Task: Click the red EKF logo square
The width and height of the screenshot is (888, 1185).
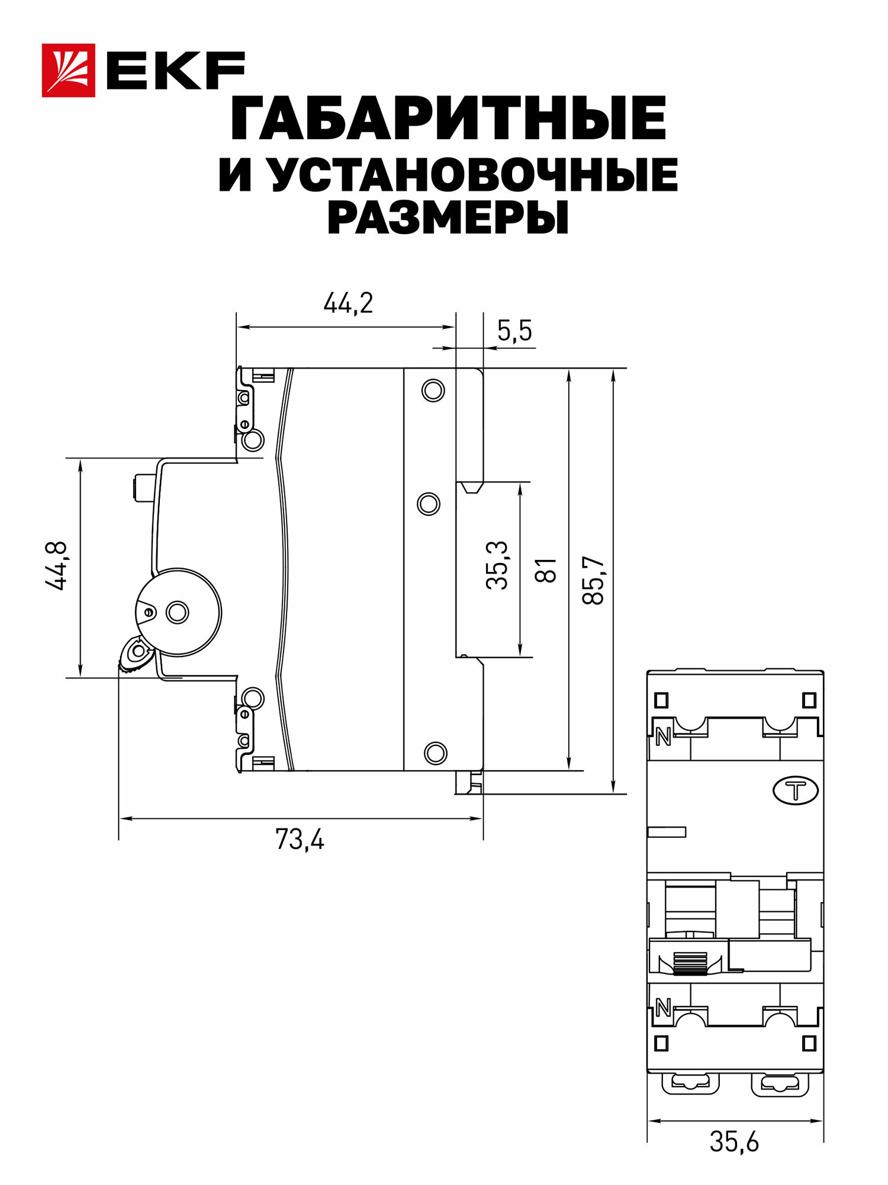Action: [x=68, y=70]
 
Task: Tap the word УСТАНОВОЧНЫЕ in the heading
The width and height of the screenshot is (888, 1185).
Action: [x=474, y=175]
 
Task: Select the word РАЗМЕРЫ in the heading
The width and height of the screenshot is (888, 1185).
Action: [x=448, y=218]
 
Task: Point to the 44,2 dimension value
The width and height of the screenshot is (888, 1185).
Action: [x=348, y=304]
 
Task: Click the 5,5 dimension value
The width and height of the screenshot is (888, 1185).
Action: [x=514, y=331]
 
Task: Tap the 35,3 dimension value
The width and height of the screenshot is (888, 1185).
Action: [x=497, y=565]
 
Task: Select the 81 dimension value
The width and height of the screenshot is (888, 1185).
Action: [x=546, y=569]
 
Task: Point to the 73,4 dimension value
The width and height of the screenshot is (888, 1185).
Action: [x=300, y=840]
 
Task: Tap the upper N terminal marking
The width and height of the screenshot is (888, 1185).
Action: [x=663, y=738]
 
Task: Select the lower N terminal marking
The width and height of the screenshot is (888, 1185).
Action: [x=663, y=1007]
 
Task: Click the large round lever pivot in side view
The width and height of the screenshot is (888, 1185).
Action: [x=178, y=612]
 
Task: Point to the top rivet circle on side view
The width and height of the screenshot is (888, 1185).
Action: [x=433, y=390]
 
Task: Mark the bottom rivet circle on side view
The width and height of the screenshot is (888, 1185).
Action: [x=435, y=752]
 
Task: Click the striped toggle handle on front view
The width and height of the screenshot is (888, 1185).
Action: [x=691, y=963]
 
